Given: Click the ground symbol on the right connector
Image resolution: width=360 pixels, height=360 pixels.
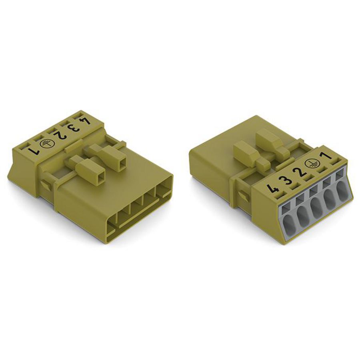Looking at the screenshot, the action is coord(310,164).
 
